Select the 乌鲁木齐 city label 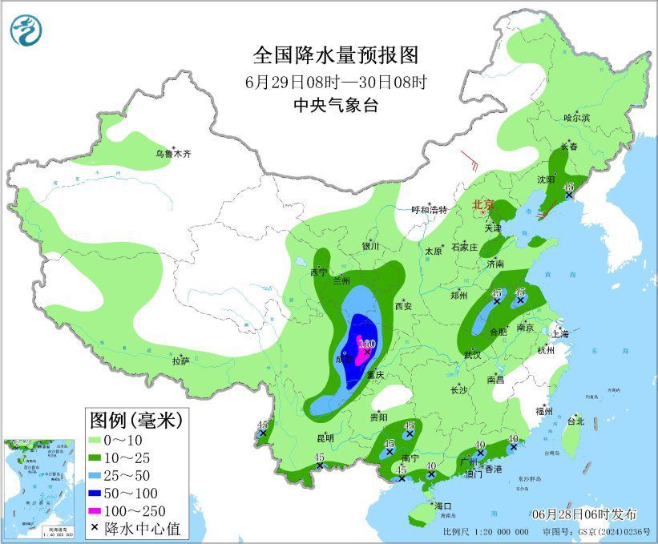[x=174, y=153]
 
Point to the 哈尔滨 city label [x=576, y=117]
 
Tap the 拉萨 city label [x=180, y=361]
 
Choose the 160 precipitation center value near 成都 [x=368, y=344]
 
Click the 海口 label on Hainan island [x=443, y=506]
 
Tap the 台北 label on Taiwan [x=575, y=421]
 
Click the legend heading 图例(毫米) [x=135, y=419]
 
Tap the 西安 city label [x=403, y=306]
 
